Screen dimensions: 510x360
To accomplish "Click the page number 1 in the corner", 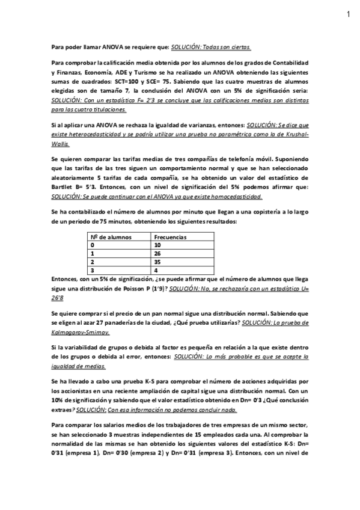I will [x=348, y=14].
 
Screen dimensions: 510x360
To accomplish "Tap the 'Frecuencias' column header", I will [x=170, y=237].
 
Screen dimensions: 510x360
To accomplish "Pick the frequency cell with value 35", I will [x=158, y=262].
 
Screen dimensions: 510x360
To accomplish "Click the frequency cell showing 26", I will [x=158, y=254].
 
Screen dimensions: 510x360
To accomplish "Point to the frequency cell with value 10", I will [x=158, y=245].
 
